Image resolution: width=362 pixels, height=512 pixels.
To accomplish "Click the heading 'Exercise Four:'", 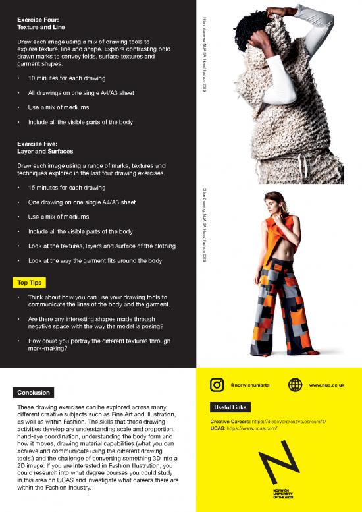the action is (38, 20).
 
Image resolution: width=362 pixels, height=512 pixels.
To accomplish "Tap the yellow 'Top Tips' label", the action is (28, 283).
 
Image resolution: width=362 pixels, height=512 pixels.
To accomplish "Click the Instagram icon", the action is (217, 384).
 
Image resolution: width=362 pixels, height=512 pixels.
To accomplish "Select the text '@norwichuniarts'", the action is (251, 385).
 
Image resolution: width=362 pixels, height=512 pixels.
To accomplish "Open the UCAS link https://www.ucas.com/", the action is (255, 428).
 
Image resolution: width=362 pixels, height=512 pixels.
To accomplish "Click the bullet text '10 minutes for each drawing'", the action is (66, 78).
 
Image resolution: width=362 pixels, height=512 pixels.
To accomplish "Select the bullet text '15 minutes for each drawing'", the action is (66, 188).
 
